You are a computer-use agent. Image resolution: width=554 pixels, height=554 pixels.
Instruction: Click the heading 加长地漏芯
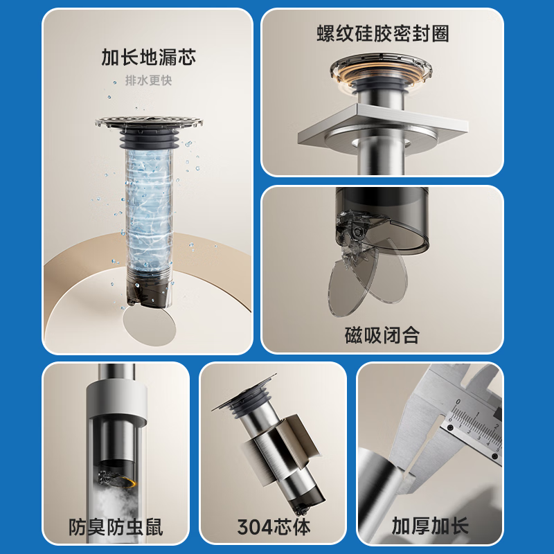click(148, 57)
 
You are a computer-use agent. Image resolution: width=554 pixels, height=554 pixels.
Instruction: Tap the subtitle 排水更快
click(148, 80)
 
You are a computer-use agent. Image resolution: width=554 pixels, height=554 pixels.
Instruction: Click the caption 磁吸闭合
click(382, 336)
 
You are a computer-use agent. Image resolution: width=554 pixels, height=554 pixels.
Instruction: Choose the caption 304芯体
click(272, 526)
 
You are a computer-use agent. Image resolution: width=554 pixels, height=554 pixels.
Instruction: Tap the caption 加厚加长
click(430, 526)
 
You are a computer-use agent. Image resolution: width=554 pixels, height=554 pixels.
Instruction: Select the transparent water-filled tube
click(148, 208)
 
